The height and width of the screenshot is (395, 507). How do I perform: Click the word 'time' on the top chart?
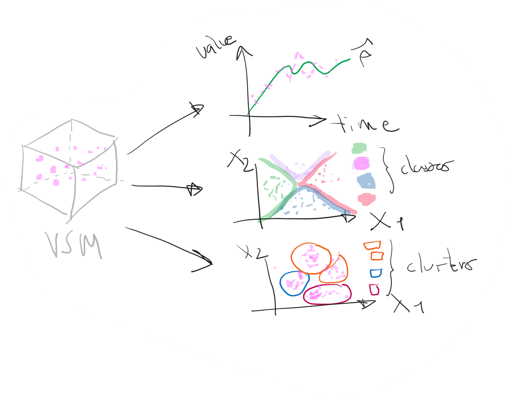coord(365,124)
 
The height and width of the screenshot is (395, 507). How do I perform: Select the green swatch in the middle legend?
coord(359,148)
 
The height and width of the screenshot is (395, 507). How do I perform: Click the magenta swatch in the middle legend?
coord(361,163)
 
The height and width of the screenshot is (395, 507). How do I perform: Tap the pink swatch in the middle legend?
coord(366,199)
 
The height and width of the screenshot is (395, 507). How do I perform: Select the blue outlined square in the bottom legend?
coord(376,273)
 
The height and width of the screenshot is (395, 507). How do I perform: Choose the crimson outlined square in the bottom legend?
coord(374,290)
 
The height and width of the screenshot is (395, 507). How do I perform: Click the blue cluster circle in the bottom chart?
coord(294,283)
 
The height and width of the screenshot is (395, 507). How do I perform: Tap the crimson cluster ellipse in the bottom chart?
coord(327,294)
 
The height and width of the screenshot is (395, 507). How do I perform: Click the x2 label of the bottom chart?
coord(252,252)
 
